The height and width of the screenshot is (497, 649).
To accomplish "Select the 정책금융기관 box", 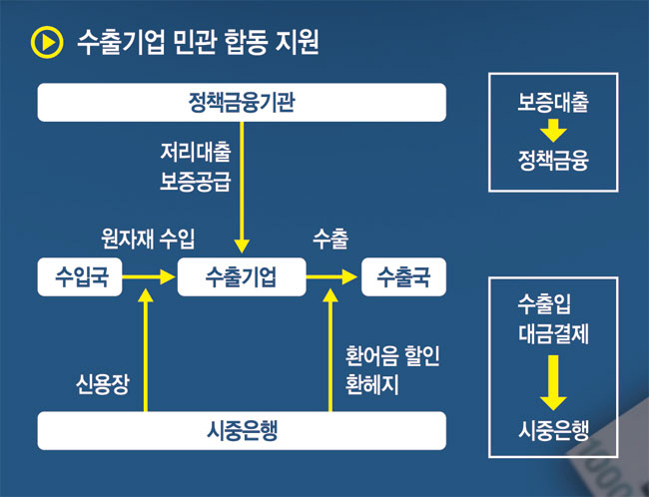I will coord(242,102).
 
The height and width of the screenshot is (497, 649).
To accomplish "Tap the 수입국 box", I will coord(79,276).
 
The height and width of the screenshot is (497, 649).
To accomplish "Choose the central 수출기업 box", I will coord(241,276).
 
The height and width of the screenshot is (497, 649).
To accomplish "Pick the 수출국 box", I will coord(403,276).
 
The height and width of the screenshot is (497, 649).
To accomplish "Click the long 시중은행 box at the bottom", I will coord(242,430).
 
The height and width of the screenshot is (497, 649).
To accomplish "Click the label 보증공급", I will coord(195,183).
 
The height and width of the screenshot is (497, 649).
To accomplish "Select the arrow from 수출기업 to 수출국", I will coord(332,276).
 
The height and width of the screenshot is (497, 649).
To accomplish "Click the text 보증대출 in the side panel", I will coord(553,102).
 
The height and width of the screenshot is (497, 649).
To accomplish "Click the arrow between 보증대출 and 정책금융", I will coord(554,130).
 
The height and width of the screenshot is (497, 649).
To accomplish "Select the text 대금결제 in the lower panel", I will coord(554,334).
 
